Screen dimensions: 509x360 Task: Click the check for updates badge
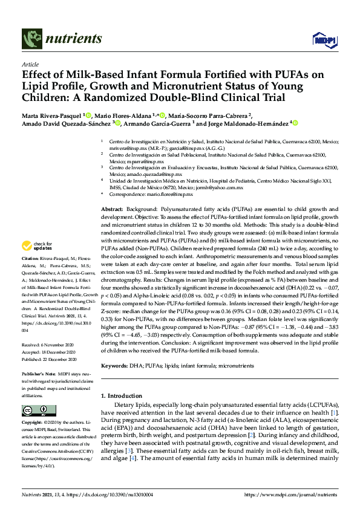pyautogui.click(x=35, y=246)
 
